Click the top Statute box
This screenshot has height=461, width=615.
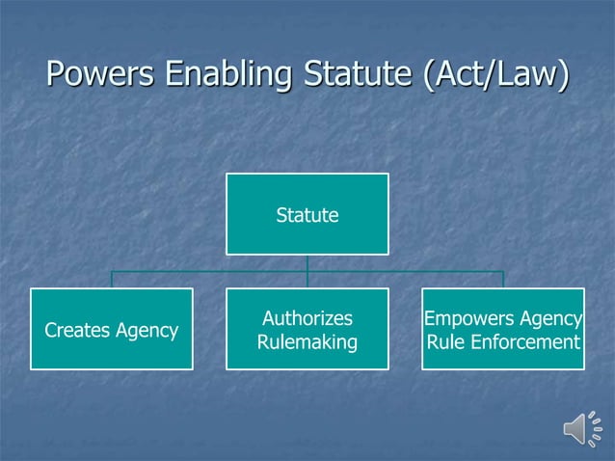(307, 214)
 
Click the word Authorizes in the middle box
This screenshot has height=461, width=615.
(307, 318)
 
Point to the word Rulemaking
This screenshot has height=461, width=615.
(307, 342)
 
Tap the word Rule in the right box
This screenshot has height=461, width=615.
(444, 342)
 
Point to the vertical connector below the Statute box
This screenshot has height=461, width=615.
(307, 263)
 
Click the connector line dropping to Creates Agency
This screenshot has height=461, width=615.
(111, 280)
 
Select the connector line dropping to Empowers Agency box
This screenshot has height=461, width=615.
(502, 280)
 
